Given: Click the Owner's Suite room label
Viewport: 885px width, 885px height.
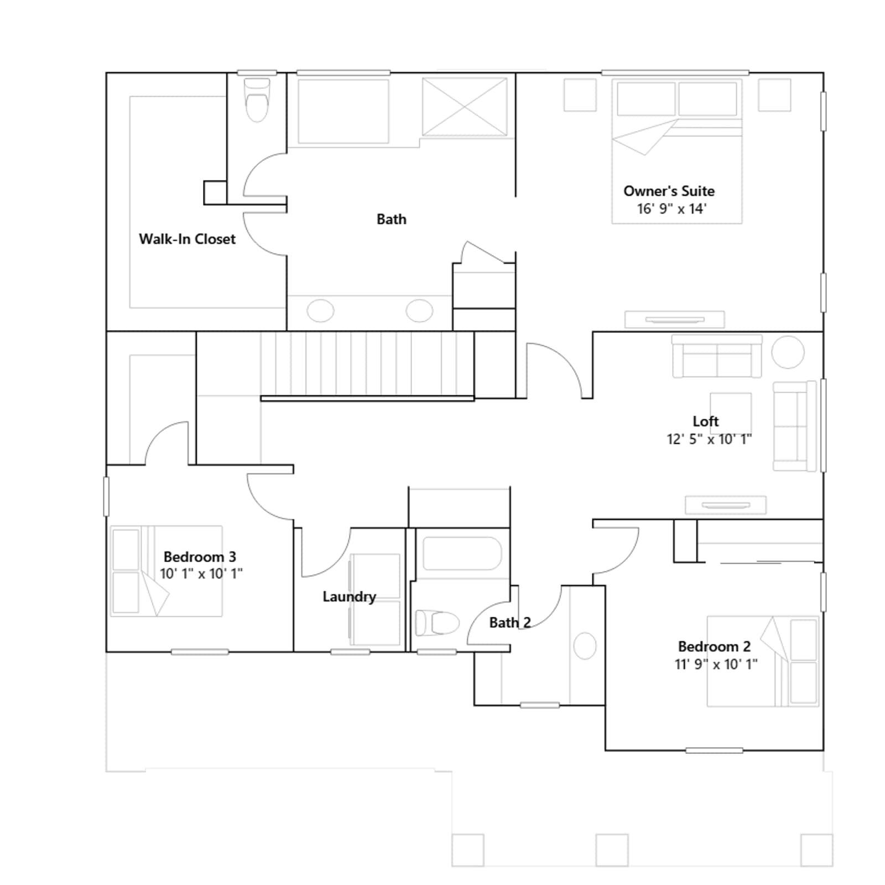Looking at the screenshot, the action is (669, 191).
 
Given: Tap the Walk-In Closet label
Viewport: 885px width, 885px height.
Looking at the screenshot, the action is (187, 239).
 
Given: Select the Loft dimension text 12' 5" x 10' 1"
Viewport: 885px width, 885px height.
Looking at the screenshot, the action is (709, 439).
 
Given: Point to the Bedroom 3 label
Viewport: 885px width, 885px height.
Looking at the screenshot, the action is (200, 556).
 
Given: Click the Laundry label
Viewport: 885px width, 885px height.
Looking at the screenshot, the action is (349, 597).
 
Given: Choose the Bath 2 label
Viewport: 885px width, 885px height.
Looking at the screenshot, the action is (510, 623).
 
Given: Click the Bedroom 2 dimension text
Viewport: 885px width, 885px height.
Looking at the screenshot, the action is (716, 664).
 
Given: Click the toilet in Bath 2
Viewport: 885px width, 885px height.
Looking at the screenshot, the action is (438, 622).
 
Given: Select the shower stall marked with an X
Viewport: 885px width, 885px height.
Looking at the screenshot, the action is (465, 107).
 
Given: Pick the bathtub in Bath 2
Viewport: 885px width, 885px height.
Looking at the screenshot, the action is (462, 554).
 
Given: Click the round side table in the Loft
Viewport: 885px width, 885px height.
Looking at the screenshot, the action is (788, 352).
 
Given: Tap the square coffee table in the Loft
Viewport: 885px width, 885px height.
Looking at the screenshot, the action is (731, 413).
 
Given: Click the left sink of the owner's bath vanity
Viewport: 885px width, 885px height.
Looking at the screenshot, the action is (320, 311).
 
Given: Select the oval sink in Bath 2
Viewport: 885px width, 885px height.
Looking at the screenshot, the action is (585, 645).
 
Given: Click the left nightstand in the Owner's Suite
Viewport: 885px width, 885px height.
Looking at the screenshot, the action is (580, 95).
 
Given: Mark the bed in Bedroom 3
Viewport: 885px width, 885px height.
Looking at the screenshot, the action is (166, 571).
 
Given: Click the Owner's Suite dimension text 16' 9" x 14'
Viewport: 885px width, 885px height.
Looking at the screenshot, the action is (671, 209).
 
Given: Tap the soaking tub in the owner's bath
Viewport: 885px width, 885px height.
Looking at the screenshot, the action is (343, 112).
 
